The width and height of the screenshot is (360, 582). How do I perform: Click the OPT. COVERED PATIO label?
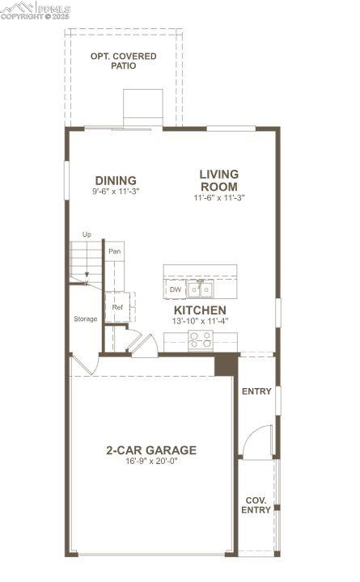(x=124, y=61)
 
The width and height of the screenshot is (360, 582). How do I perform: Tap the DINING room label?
(x=116, y=180)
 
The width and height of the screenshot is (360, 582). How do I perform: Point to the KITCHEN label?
(x=200, y=310)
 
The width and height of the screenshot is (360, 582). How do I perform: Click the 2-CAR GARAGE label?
(x=150, y=450)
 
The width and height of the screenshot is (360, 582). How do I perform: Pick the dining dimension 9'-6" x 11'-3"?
(x=116, y=192)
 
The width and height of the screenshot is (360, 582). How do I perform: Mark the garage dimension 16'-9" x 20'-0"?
(x=150, y=462)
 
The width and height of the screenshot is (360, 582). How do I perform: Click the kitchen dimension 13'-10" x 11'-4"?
(x=200, y=321)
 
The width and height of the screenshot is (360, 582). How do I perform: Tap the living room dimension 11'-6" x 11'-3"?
(x=219, y=197)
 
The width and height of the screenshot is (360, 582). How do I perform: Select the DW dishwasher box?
(x=176, y=289)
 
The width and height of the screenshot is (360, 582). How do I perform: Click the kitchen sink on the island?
(x=201, y=289)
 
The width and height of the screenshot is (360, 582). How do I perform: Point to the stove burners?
(x=200, y=341)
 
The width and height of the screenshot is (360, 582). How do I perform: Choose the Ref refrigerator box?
(x=117, y=307)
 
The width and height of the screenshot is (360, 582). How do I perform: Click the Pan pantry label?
(x=115, y=251)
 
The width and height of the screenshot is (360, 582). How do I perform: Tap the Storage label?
(x=86, y=318)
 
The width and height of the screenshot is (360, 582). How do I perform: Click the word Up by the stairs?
(x=87, y=234)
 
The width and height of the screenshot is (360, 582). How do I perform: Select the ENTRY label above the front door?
(x=256, y=391)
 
